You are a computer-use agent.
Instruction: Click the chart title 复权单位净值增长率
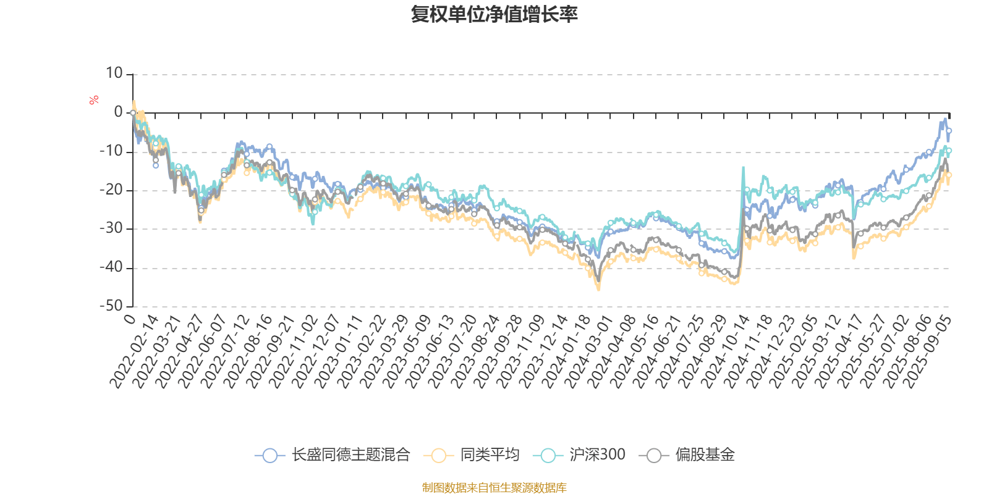point(494,14)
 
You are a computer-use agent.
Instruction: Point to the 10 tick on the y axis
point(114,73)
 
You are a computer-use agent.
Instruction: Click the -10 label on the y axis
point(112,151)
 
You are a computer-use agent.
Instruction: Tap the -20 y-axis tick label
point(112,190)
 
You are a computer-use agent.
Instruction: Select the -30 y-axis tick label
point(112,229)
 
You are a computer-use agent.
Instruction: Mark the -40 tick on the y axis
point(112,268)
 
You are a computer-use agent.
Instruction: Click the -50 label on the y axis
point(112,306)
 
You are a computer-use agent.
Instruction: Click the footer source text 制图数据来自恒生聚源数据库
point(494,488)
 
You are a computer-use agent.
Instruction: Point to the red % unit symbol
point(93,100)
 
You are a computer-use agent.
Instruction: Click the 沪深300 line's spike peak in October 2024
point(743,167)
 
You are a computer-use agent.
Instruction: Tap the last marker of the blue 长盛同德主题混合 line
point(949,131)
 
